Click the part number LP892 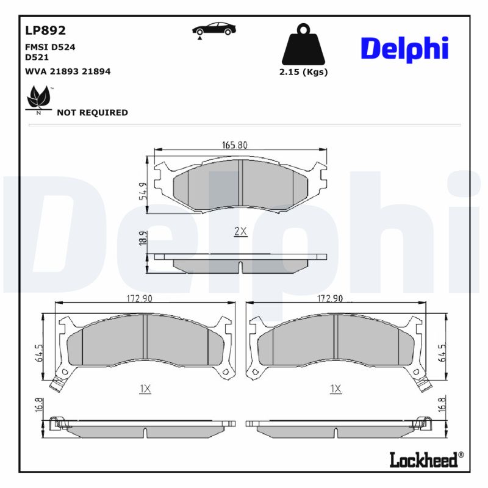tap(45, 30)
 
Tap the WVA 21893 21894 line tap(68, 71)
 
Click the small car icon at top tap(213, 30)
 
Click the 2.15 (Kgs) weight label tap(303, 72)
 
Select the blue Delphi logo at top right tap(404, 48)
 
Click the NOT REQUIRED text tap(92, 112)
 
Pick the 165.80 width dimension tap(234, 145)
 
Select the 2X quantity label tap(240, 231)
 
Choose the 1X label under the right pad tap(335, 389)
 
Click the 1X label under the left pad tap(145, 389)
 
